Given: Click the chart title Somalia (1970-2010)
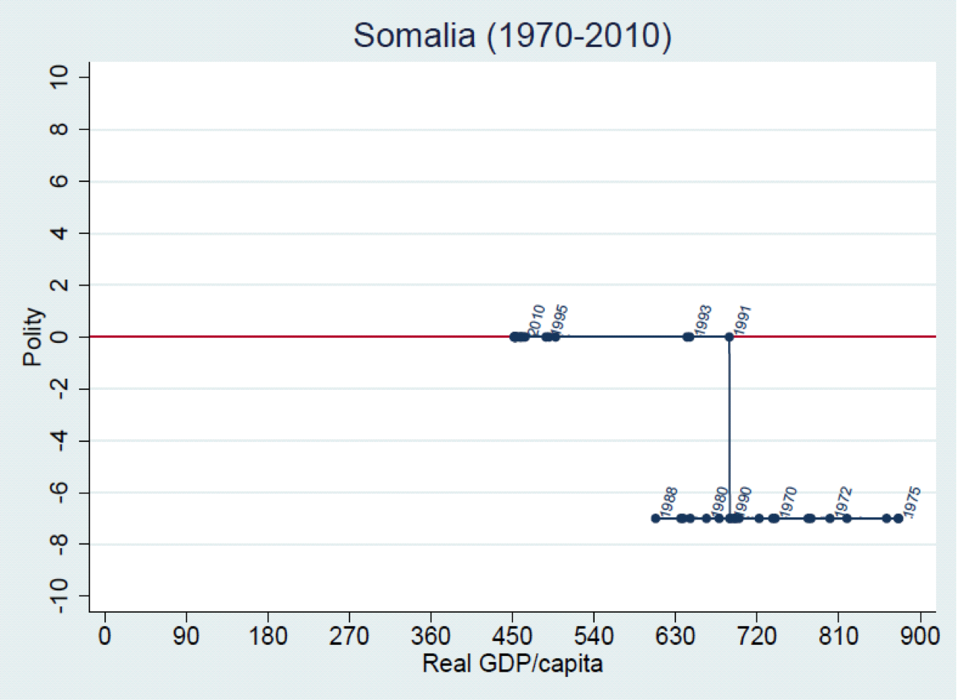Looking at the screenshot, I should click(512, 35).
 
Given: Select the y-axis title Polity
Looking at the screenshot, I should click(33, 337).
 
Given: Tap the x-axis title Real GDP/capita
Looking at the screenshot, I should click(512, 663).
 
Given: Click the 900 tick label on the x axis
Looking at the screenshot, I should click(920, 638).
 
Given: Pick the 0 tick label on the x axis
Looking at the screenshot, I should click(105, 638).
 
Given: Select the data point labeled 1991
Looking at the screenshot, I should click(729, 337).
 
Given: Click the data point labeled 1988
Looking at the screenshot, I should click(655, 518).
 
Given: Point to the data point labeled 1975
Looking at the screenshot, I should click(898, 518).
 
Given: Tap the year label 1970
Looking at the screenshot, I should click(787, 501).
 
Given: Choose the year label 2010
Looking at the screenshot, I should click(536, 319).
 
